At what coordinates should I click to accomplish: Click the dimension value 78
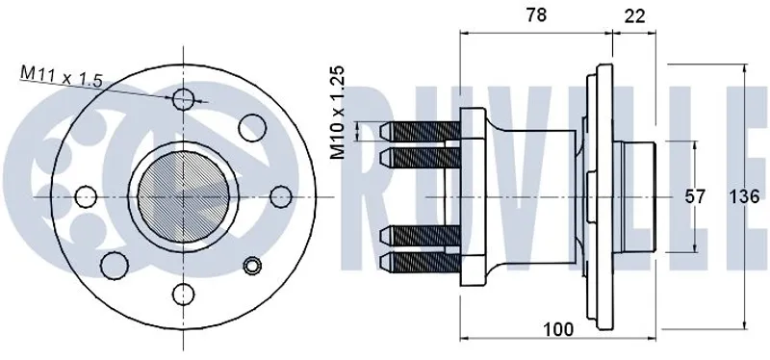[536, 15]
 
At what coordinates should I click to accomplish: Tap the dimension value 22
[634, 16]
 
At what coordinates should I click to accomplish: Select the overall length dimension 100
[558, 329]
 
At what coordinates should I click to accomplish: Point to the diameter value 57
[695, 197]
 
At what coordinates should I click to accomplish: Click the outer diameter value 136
[743, 197]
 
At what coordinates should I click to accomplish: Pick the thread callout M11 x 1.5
[62, 77]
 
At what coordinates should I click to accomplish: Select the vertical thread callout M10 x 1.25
[338, 113]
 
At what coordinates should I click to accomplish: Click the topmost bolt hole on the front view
[183, 100]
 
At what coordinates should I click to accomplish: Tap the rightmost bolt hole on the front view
[281, 196]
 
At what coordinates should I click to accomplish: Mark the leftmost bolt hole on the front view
[86, 196]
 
